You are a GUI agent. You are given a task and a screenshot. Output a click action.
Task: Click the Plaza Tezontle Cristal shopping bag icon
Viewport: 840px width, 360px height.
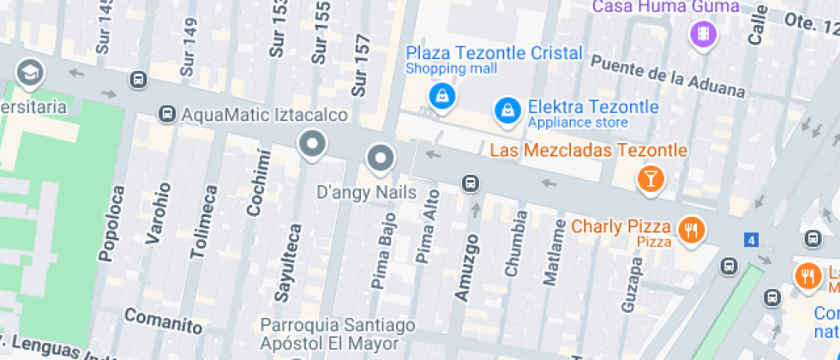[441, 95]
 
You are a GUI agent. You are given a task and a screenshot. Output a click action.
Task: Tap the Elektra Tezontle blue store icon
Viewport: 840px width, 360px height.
[507, 109]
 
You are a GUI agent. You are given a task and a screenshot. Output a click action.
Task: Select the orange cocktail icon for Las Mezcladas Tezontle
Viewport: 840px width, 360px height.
[651, 178]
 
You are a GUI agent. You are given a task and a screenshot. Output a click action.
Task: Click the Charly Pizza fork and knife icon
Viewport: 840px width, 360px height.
[691, 230]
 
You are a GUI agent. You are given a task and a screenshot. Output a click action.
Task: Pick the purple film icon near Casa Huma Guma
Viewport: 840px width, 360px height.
[703, 35]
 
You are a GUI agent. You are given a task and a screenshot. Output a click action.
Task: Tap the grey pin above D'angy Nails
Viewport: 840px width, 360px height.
[379, 159]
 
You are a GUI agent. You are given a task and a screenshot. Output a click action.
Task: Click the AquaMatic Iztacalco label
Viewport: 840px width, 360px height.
[265, 115]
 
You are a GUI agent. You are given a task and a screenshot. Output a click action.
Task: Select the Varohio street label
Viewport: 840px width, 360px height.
[159, 213]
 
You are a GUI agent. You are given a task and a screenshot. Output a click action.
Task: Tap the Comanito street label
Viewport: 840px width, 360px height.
[163, 321]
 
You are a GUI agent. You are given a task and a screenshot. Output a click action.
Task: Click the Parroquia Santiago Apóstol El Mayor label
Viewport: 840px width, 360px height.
[338, 334]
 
